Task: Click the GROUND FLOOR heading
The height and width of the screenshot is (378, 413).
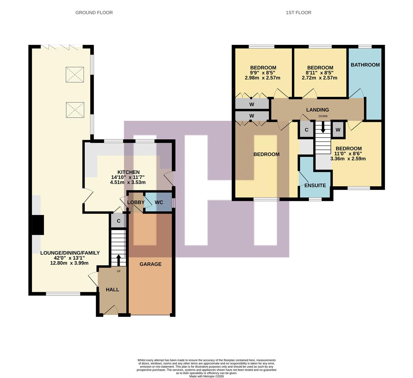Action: [x=94, y=13]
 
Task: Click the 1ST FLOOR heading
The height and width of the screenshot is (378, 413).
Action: [x=298, y=13]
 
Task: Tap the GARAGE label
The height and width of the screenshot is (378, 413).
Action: [x=150, y=264]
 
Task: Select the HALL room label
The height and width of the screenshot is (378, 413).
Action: [x=112, y=289]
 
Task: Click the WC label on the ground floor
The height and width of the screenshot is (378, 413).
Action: [x=159, y=202]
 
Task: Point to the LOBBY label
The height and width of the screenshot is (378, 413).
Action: [x=136, y=202]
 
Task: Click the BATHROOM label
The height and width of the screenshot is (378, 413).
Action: [x=365, y=65]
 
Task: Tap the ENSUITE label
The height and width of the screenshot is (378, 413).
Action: [x=315, y=185]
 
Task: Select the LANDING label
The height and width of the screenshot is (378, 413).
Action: [x=317, y=110]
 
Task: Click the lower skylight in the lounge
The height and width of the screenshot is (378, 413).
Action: [x=75, y=110]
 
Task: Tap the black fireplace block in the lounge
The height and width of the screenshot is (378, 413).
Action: [x=38, y=225]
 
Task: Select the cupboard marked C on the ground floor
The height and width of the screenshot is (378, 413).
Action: [x=119, y=221]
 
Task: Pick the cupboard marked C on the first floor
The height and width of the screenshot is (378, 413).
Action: [x=306, y=130]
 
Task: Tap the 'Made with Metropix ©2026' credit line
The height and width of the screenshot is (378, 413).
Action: [x=206, y=376]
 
